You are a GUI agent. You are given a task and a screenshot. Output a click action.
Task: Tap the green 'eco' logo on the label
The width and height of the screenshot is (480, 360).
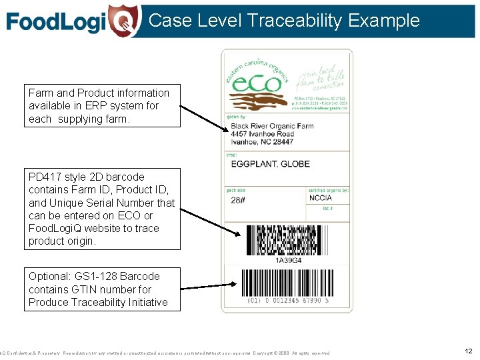coord(256,83)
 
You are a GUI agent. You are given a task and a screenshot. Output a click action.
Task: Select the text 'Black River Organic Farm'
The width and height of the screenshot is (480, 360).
coord(263,126)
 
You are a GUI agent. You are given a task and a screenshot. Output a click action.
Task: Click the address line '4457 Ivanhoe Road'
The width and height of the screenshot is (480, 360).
coord(263,134)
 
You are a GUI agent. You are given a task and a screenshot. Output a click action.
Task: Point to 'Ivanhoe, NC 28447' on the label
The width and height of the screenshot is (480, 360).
coord(262,142)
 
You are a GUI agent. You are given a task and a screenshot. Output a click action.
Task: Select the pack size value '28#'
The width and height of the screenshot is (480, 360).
coord(238,200)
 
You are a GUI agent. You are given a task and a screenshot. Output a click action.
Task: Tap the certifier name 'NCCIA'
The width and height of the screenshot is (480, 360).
coord(320,198)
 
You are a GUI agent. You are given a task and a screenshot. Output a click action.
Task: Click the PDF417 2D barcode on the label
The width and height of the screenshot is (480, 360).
coord(288,240)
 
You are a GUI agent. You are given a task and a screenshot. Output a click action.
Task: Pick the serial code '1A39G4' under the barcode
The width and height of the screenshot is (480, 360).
coord(288,260)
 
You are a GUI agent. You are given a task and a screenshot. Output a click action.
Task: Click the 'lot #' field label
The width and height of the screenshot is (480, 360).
coord(327,209)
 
